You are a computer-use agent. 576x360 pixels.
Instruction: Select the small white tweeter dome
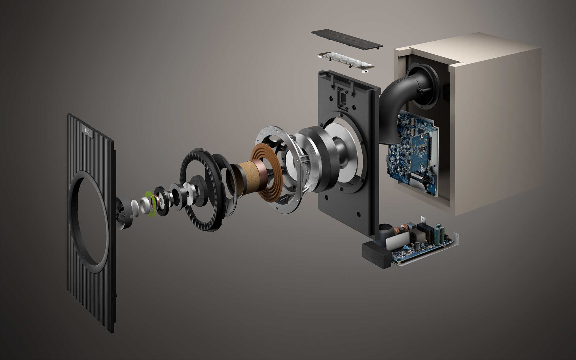[x=134, y=207]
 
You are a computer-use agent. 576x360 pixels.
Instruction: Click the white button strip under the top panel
[x=346, y=60]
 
